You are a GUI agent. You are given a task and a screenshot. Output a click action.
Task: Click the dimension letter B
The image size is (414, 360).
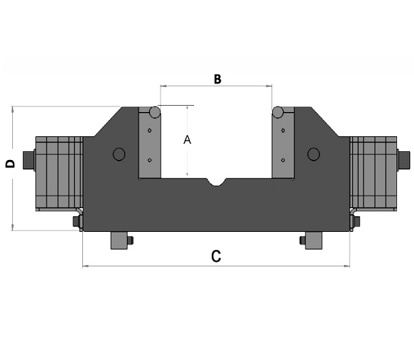pos(217,79)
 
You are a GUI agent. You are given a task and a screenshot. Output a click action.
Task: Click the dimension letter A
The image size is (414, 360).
pos(187,140)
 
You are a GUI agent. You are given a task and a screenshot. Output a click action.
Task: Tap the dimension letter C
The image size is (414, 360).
pos(216,256)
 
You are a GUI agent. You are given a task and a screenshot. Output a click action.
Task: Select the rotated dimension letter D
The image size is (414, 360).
pos(10,164)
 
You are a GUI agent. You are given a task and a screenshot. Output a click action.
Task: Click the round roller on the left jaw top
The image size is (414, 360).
pos(155,112)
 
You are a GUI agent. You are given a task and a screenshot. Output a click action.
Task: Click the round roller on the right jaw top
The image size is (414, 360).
pos(278,112)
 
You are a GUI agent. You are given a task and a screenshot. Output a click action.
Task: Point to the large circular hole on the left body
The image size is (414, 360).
pos(119,155)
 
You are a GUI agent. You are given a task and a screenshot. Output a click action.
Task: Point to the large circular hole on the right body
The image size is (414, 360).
pos(314,155)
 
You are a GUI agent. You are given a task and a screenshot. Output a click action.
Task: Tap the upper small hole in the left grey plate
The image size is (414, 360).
pos(150,131)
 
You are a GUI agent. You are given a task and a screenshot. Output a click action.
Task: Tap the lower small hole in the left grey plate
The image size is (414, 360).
pos(150,160)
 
